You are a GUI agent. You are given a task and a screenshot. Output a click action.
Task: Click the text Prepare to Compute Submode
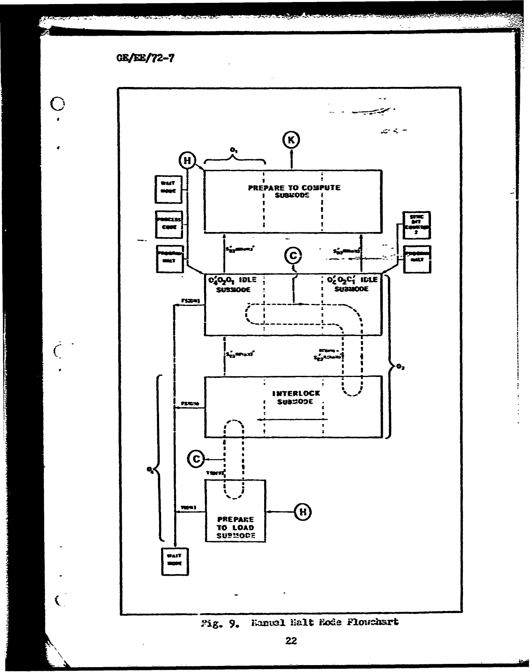[294, 191]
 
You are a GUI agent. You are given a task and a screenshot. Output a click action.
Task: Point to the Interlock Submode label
[296, 397]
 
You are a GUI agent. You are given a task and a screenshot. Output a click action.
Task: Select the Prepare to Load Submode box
[235, 511]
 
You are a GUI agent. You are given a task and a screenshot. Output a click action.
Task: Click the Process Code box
[169, 224]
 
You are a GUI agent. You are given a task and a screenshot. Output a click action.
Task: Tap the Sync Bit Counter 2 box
[416, 225]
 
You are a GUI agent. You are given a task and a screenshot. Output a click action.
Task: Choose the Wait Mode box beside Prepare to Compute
[169, 189]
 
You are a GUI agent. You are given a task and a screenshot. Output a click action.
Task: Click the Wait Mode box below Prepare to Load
[175, 561]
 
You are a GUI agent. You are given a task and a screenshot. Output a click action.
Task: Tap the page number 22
[291, 641]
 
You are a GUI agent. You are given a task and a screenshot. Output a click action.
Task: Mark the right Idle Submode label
[351, 284]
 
